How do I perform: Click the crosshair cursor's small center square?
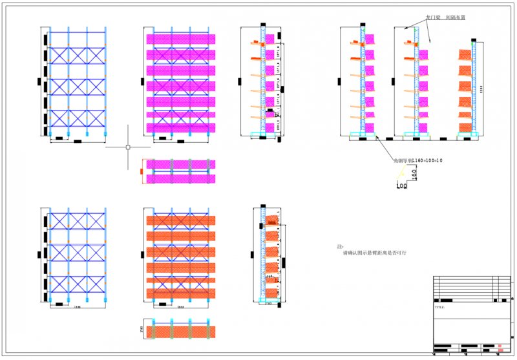128,147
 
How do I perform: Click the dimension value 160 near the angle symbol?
412,173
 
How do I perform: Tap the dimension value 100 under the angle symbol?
402,185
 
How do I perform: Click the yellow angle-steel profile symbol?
402,173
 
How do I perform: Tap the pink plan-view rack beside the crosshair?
181,171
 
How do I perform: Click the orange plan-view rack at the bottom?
181,331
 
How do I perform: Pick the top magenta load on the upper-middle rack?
181,39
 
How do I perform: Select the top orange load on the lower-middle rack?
181,221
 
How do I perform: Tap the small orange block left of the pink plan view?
140,171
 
